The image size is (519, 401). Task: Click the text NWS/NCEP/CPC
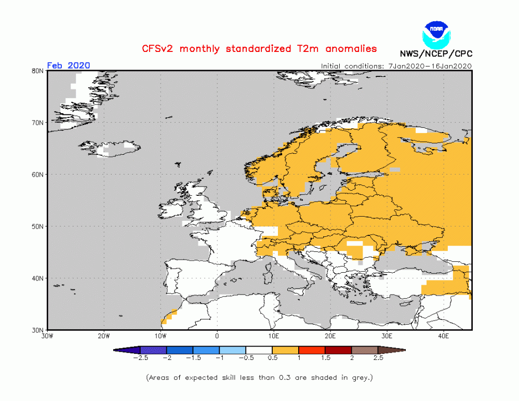[x=436, y=54]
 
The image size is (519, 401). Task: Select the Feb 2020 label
[x=69, y=65]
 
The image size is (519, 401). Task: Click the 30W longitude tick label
[x=47, y=336]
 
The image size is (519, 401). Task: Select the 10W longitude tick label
[x=161, y=336]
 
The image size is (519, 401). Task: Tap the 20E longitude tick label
[x=330, y=336]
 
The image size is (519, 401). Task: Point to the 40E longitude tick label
[x=444, y=336]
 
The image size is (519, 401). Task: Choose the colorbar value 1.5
[x=326, y=358]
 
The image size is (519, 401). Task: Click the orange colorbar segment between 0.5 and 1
[x=285, y=350]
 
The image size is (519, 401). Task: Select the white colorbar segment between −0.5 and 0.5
[x=259, y=350]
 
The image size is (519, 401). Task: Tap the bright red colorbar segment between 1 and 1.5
[x=312, y=350]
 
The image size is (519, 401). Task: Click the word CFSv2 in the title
[x=159, y=49]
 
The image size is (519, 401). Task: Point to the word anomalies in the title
[x=351, y=49]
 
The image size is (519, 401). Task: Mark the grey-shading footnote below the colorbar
[x=259, y=377]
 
